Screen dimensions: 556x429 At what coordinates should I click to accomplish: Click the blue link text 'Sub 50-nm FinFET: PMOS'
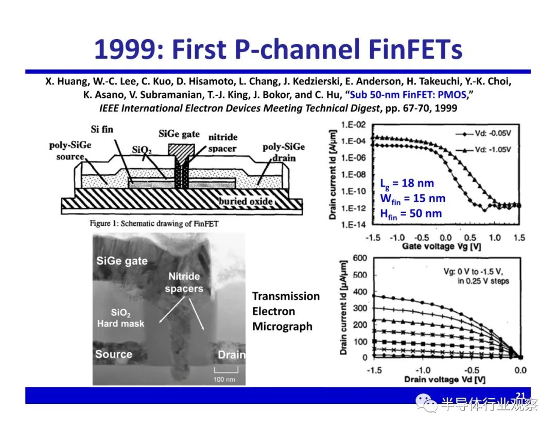click(x=408, y=95)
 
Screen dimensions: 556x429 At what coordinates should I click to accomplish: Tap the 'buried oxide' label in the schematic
click(x=246, y=201)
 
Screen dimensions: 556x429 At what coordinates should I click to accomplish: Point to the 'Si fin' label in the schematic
click(x=102, y=129)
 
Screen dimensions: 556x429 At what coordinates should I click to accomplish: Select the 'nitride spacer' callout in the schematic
click(x=223, y=142)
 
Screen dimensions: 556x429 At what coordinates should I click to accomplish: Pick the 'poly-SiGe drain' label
click(x=284, y=152)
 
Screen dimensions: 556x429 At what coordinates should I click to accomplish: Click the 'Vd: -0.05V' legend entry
click(x=483, y=133)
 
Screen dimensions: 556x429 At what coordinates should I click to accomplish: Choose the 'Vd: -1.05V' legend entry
click(x=483, y=150)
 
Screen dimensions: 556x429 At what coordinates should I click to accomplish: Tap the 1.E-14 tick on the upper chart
click(x=353, y=224)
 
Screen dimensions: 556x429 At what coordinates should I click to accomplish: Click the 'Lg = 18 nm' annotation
click(x=407, y=184)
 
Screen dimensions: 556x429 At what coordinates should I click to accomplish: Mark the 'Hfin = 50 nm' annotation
click(x=411, y=214)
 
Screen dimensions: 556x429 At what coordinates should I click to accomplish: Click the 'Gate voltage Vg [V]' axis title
click(x=441, y=246)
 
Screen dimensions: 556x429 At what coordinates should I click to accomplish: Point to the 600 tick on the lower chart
click(x=360, y=258)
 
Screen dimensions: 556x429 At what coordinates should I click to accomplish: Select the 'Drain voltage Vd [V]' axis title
click(x=445, y=380)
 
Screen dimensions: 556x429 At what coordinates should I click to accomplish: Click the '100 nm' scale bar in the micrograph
click(x=225, y=370)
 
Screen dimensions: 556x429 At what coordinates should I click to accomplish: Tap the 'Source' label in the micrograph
click(x=113, y=354)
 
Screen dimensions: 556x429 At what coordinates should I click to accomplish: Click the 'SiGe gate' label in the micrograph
click(x=122, y=261)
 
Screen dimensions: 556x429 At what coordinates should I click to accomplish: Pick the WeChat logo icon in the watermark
click(x=426, y=403)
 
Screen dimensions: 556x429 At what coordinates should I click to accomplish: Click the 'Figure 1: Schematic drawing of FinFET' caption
click(x=154, y=224)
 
